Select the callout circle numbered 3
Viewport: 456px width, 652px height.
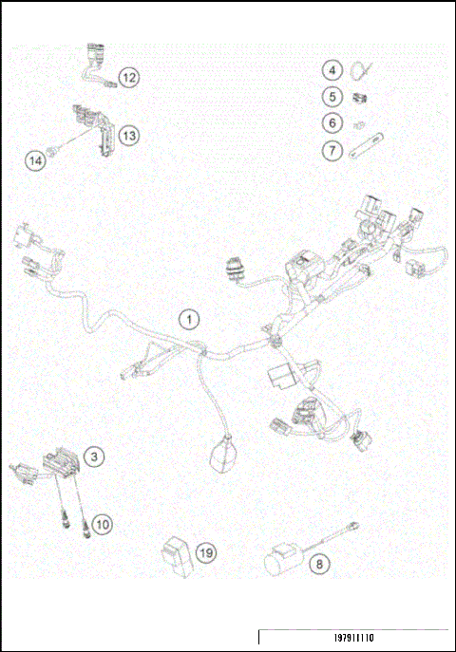coord(94,456)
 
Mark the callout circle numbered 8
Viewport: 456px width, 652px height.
coord(319,564)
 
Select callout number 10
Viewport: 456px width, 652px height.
coord(102,523)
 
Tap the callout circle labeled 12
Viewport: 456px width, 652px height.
coord(128,77)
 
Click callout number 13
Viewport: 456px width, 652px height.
coord(128,136)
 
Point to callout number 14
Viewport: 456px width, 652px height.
coord(35,160)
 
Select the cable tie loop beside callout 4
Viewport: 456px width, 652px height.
coord(362,70)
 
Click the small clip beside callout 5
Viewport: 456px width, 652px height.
coord(360,96)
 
